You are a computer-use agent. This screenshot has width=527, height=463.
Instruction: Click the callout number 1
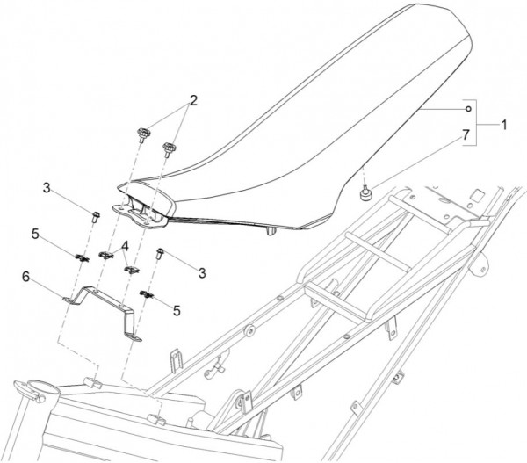point(503,125)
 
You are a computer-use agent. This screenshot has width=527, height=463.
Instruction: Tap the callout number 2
point(193,100)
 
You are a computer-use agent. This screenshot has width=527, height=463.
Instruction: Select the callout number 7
point(466,134)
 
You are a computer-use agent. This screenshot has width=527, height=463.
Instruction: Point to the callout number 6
point(25,277)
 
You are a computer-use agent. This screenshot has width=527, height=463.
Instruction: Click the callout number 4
point(125,246)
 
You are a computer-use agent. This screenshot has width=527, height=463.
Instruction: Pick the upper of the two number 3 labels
point(47,188)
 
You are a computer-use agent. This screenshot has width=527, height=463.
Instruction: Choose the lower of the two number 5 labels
point(177,311)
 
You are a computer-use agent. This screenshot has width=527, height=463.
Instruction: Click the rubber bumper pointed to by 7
point(364,193)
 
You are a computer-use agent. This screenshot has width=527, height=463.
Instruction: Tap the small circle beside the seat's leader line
point(468,109)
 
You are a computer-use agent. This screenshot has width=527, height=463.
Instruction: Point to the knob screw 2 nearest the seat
point(168,149)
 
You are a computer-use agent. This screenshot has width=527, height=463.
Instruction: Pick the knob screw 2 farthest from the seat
point(143,134)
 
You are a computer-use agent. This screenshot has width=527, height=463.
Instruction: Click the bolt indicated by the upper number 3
point(96,216)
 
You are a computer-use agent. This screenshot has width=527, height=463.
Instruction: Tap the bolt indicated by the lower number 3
point(160,253)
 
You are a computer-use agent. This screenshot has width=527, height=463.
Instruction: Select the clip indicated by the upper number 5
point(82,257)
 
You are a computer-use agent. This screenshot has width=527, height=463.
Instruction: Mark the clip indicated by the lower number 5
point(147,294)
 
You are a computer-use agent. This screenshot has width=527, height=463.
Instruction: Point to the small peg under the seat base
point(271,231)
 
